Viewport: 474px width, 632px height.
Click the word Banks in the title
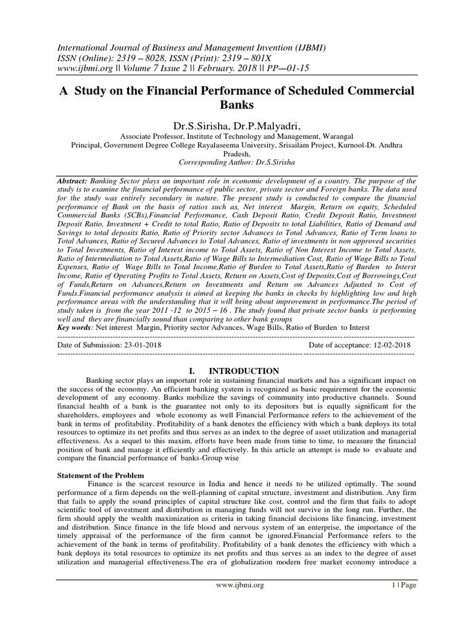pos(237,105)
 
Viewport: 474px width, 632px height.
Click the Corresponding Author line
pos(237,162)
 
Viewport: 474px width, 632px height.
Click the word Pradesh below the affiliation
pos(237,154)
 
